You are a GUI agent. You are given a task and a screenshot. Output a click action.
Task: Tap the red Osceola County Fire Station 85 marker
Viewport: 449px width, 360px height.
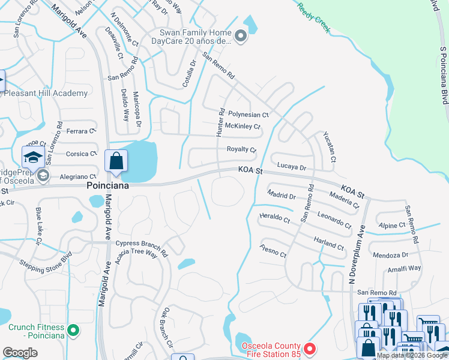coord(309,348)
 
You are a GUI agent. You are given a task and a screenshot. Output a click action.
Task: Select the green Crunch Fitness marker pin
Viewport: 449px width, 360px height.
coord(73,330)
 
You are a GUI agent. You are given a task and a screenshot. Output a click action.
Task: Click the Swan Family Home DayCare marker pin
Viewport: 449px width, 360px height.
coord(241,37)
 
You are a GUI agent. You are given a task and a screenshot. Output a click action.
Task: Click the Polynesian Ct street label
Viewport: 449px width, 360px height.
coord(248,114)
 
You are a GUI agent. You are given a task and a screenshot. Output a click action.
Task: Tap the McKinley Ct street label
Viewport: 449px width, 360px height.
coord(243,126)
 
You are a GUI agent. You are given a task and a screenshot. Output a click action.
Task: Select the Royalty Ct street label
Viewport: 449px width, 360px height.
coord(241,149)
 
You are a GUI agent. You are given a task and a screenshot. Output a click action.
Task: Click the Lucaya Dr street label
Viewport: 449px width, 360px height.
coord(292,167)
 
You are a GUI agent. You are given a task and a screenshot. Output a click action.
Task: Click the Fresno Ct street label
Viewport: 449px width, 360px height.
coord(273,250)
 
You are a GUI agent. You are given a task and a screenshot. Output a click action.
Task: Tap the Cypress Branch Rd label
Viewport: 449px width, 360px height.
coord(142,244)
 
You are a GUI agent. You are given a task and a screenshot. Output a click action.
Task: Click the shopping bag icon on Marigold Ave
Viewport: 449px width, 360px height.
coord(115,161)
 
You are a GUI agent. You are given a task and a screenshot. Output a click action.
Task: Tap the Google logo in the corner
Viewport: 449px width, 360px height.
coord(20,353)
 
